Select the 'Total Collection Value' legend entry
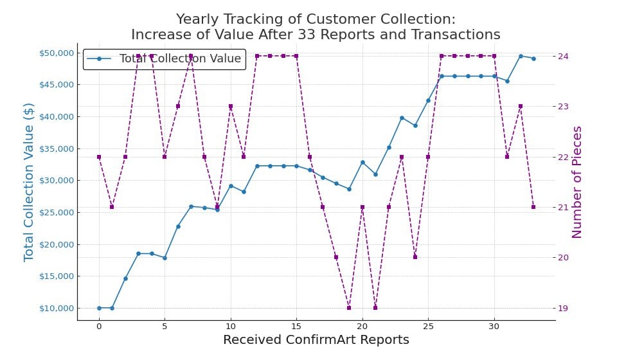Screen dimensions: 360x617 pyautogui.click(x=180, y=59)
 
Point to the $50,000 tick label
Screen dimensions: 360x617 pyautogui.click(x=56, y=53)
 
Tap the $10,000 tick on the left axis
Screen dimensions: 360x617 pyautogui.click(x=56, y=308)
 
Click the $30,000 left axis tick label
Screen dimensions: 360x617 pyautogui.click(x=56, y=181)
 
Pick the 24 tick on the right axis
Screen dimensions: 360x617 pyautogui.click(x=564, y=56)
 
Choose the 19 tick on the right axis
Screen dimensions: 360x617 pyautogui.click(x=564, y=308)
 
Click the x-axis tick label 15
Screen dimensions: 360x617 pyautogui.click(x=296, y=326)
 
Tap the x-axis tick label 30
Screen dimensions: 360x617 pyautogui.click(x=494, y=326)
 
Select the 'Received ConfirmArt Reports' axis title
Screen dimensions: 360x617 pyautogui.click(x=316, y=340)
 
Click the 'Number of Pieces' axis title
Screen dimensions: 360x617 pyautogui.click(x=577, y=182)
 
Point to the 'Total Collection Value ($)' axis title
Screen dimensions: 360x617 pyautogui.click(x=29, y=182)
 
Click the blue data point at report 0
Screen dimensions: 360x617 pyautogui.click(x=99, y=308)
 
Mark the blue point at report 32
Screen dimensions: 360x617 pyautogui.click(x=521, y=56)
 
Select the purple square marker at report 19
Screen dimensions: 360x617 pyautogui.click(x=349, y=308)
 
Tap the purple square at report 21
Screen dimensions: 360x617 pyautogui.click(x=375, y=308)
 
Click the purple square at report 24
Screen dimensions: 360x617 pyautogui.click(x=415, y=257)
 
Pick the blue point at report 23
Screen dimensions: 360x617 pyautogui.click(x=402, y=118)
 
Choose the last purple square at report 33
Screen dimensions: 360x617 pyautogui.click(x=533, y=207)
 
